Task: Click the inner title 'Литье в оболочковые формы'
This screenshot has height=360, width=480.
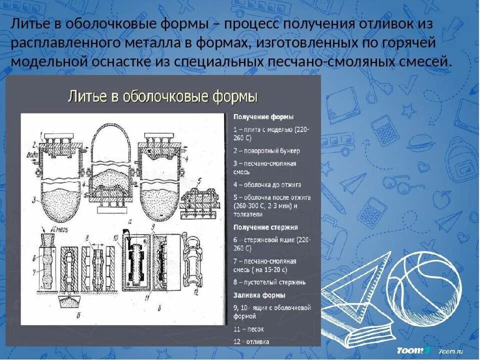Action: click(162, 96)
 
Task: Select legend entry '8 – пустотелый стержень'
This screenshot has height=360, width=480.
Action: click(269, 282)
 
